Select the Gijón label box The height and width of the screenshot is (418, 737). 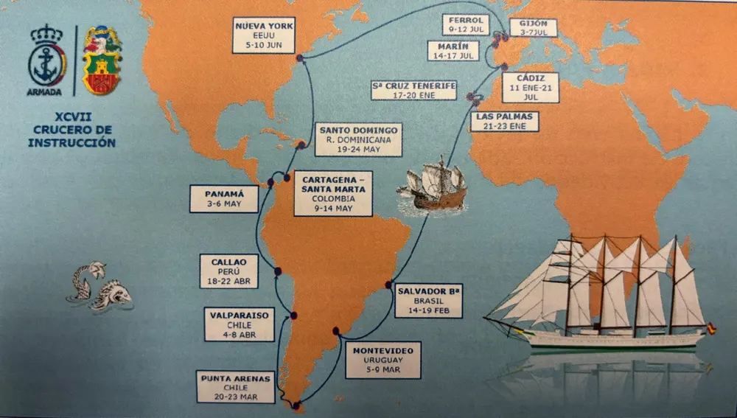click(532, 28)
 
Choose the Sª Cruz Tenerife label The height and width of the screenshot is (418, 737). click(413, 90)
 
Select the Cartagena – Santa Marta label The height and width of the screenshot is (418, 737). click(332, 194)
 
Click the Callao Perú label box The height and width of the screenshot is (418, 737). click(228, 271)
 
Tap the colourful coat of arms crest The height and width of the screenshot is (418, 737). click(102, 61)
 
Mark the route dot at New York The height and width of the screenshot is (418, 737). click(299, 58)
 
